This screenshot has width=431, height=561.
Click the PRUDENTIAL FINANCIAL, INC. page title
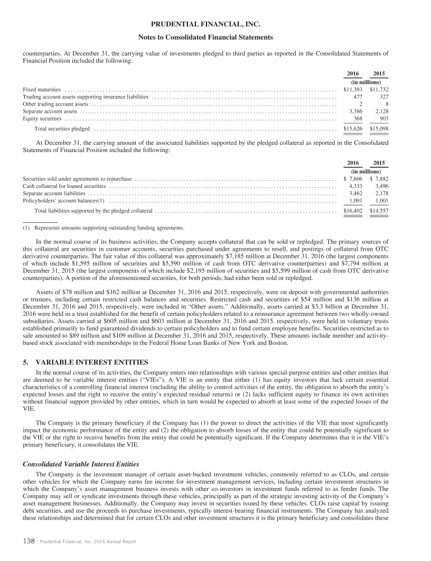(x=215, y=24)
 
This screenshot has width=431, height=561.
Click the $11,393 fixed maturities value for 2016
(x=354, y=89)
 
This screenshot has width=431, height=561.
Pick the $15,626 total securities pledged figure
(x=354, y=129)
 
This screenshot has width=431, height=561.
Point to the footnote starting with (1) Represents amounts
(x=103, y=228)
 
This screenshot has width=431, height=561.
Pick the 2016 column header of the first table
(x=354, y=74)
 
